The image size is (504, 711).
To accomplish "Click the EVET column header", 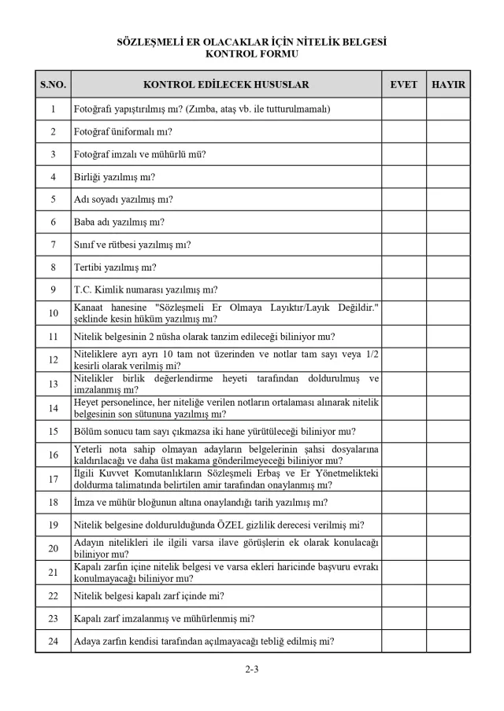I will pyautogui.click(x=403, y=84).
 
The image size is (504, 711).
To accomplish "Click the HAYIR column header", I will pyautogui.click(x=448, y=84).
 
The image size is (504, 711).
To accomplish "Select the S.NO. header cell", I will pyautogui.click(x=53, y=84).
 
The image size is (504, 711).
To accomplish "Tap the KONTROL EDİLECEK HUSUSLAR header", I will pyautogui.click(x=226, y=84).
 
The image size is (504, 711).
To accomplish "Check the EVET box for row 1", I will pyautogui.click(x=403, y=109).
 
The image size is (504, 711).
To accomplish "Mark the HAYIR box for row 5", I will pyautogui.click(x=448, y=200).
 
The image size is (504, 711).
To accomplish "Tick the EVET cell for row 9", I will pyautogui.click(x=403, y=290).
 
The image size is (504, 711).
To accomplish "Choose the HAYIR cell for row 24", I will pyautogui.click(x=448, y=641).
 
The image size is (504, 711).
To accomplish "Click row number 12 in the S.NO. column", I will pyautogui.click(x=53, y=359).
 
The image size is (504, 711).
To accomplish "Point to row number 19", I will pyautogui.click(x=53, y=525).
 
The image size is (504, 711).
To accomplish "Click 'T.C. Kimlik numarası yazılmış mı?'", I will pyautogui.click(x=146, y=290).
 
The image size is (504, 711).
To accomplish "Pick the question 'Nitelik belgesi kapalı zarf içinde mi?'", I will pyautogui.click(x=150, y=595).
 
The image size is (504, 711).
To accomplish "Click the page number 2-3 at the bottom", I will pyautogui.click(x=252, y=670).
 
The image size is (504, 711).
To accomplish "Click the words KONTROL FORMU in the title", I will pyautogui.click(x=252, y=54).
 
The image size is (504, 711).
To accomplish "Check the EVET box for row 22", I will pyautogui.click(x=403, y=595).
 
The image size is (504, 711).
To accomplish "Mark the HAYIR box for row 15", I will pyautogui.click(x=448, y=431).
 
